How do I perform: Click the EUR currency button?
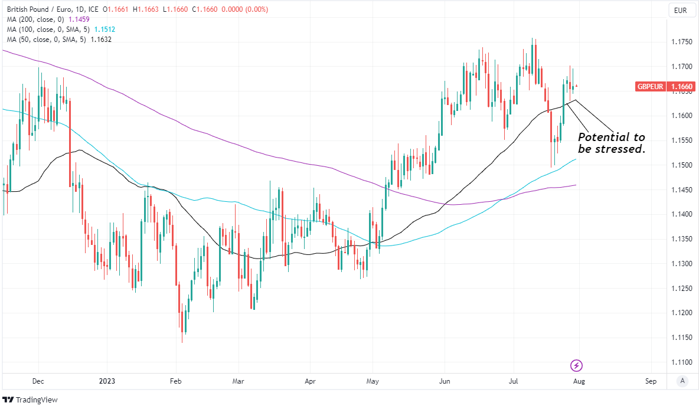click(681, 10)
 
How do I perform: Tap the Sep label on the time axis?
click(651, 381)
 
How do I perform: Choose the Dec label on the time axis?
click(38, 381)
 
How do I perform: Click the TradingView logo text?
click(37, 400)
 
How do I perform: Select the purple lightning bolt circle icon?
click(577, 365)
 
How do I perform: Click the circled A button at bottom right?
click(682, 381)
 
